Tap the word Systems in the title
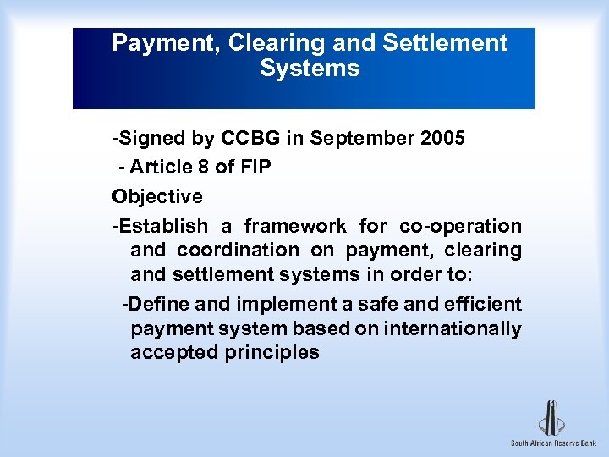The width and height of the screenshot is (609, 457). [x=310, y=69]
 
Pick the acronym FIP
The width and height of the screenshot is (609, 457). [x=255, y=168]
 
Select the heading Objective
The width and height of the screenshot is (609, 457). [x=157, y=197]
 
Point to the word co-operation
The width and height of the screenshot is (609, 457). [x=460, y=226]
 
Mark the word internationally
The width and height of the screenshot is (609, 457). [x=453, y=328]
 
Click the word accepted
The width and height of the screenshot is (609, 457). [x=174, y=353]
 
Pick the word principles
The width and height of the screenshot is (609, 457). [x=272, y=353]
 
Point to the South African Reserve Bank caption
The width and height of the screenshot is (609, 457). [x=553, y=443]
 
